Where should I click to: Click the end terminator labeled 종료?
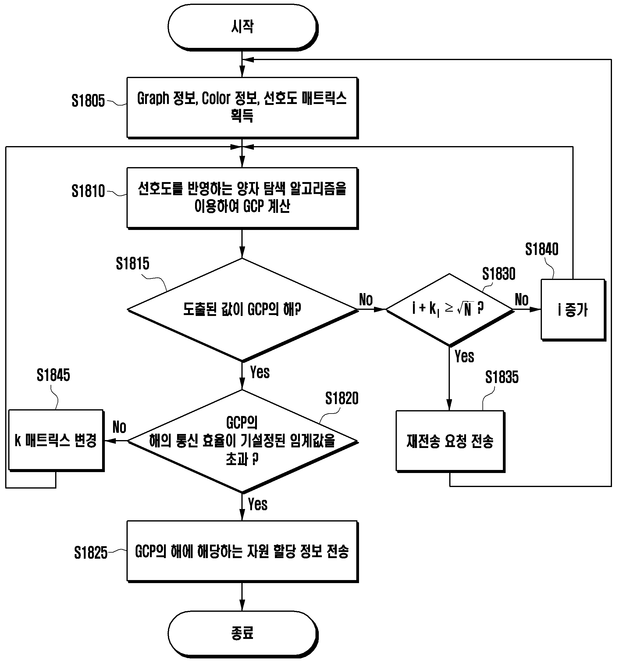click(243, 633)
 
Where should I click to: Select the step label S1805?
click(88, 101)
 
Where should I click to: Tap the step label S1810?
click(88, 191)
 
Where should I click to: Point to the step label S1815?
click(132, 263)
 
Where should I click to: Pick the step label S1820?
click(342, 398)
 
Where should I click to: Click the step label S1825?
click(91, 553)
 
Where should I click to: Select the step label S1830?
click(499, 274)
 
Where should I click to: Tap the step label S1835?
click(502, 377)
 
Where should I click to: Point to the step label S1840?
click(542, 249)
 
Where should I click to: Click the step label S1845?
click(53, 375)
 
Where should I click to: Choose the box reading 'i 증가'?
click(573, 310)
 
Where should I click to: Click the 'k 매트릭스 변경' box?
click(56, 440)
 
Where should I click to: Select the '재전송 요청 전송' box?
click(450, 441)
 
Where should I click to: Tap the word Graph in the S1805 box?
click(153, 99)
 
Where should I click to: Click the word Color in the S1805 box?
click(216, 98)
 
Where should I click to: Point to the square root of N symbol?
click(465, 309)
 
